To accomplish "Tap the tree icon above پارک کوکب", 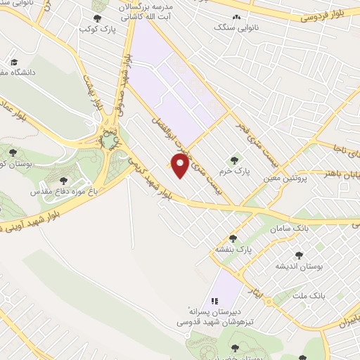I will (97, 19).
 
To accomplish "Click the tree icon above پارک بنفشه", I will (233, 238).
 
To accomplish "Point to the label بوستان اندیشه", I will (299, 266).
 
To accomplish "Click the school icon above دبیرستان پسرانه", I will (215, 300).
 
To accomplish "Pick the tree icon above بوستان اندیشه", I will (299, 255).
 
